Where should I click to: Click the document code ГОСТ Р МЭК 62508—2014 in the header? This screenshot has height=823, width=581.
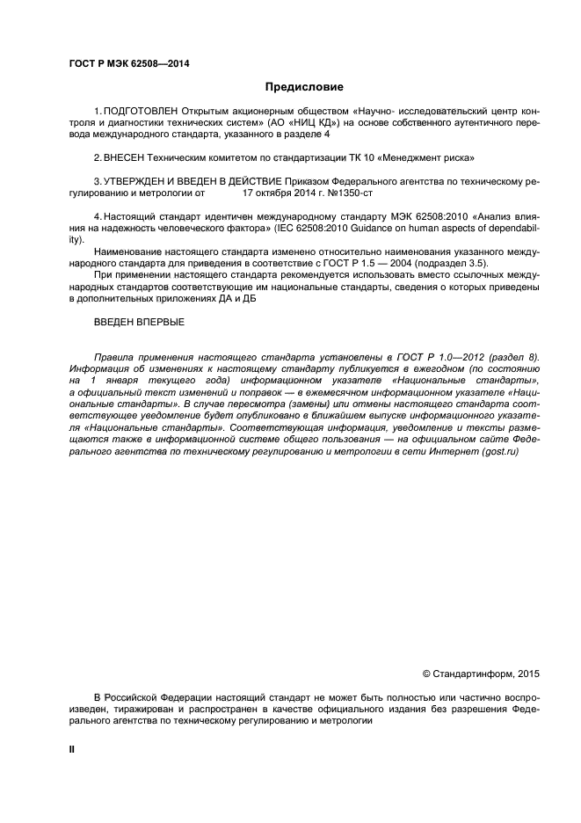[x=128, y=64]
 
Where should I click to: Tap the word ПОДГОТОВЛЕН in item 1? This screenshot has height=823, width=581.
[x=141, y=112]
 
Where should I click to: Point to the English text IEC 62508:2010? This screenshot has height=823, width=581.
[x=355, y=227]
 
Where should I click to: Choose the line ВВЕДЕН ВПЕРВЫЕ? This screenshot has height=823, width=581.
[x=139, y=322]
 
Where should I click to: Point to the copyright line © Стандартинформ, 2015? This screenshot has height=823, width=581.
[x=481, y=674]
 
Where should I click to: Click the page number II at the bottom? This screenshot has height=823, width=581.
[x=72, y=749]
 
